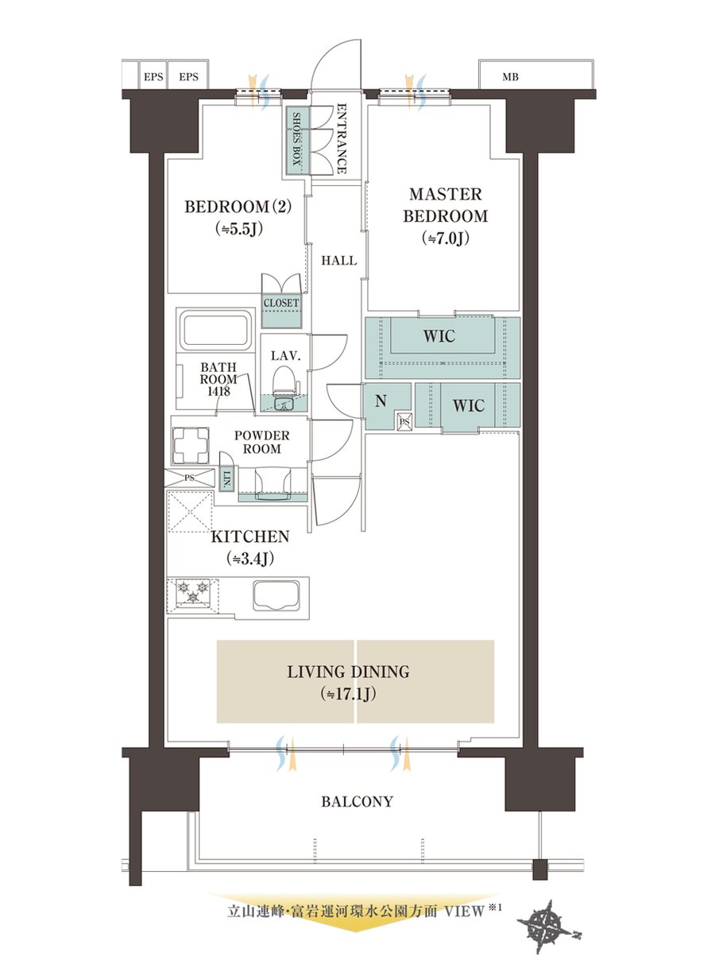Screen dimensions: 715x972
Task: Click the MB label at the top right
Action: [510, 77]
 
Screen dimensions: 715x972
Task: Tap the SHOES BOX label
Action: [297, 138]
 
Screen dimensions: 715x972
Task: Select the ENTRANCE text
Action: [342, 138]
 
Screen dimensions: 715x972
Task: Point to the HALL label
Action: [339, 261]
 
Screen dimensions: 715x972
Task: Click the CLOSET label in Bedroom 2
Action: [281, 303]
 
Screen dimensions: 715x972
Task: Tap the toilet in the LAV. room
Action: [285, 379]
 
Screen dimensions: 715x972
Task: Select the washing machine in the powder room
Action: [191, 445]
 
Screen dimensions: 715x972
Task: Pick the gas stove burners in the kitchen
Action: [192, 592]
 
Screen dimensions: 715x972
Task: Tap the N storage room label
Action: [381, 401]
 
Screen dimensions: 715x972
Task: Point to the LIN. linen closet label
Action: [226, 478]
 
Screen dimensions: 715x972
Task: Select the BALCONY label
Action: [357, 801]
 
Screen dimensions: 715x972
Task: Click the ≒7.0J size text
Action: [445, 238]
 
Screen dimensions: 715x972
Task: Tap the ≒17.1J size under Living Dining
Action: [349, 694]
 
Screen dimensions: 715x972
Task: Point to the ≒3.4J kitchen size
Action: [250, 559]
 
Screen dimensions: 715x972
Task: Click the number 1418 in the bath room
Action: [218, 391]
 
